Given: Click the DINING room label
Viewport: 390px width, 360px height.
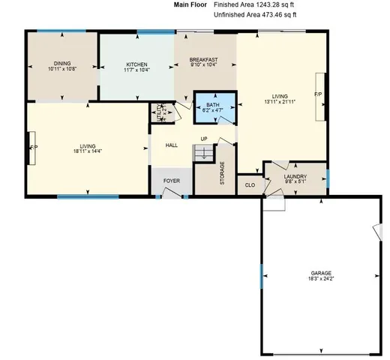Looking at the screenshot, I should coord(61,63).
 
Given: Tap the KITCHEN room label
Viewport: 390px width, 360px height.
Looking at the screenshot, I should coord(136,64).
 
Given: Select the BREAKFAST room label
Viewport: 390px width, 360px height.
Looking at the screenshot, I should coord(203,59).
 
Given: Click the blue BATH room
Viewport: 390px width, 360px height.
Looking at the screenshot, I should coord(214,103).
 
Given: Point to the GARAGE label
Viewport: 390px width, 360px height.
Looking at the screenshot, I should coord(321,272).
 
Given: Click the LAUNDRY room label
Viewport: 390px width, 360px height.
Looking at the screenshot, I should coord(295,176).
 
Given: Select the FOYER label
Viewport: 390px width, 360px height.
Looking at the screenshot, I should coord(172,181).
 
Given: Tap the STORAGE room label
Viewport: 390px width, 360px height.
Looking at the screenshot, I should coord(222,173).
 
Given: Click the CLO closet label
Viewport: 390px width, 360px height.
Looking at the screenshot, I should coord(250,184).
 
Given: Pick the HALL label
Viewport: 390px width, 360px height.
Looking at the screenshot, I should coord(171,145).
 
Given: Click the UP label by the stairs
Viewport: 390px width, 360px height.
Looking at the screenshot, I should coord(204,139).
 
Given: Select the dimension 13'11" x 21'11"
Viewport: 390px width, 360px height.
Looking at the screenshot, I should coord(280,102).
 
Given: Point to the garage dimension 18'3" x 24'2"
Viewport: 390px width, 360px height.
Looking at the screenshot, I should coord(321,278).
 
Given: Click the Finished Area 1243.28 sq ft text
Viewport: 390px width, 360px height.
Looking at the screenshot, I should coord(254,4).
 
